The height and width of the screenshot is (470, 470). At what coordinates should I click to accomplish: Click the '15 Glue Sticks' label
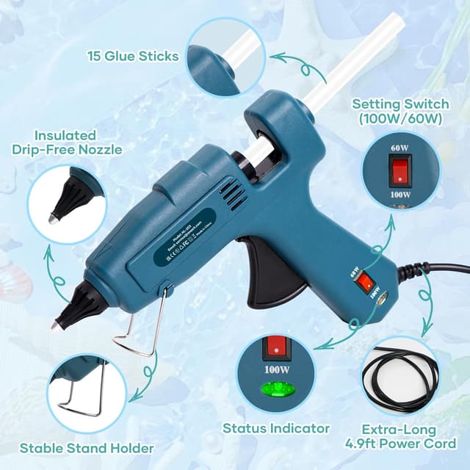[x=133, y=57]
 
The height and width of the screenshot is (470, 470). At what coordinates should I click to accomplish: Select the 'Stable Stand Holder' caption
[x=87, y=448]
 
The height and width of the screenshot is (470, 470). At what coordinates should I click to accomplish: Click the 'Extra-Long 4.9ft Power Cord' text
[x=401, y=436]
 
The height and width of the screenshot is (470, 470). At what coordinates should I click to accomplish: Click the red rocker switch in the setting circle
[x=401, y=171]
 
